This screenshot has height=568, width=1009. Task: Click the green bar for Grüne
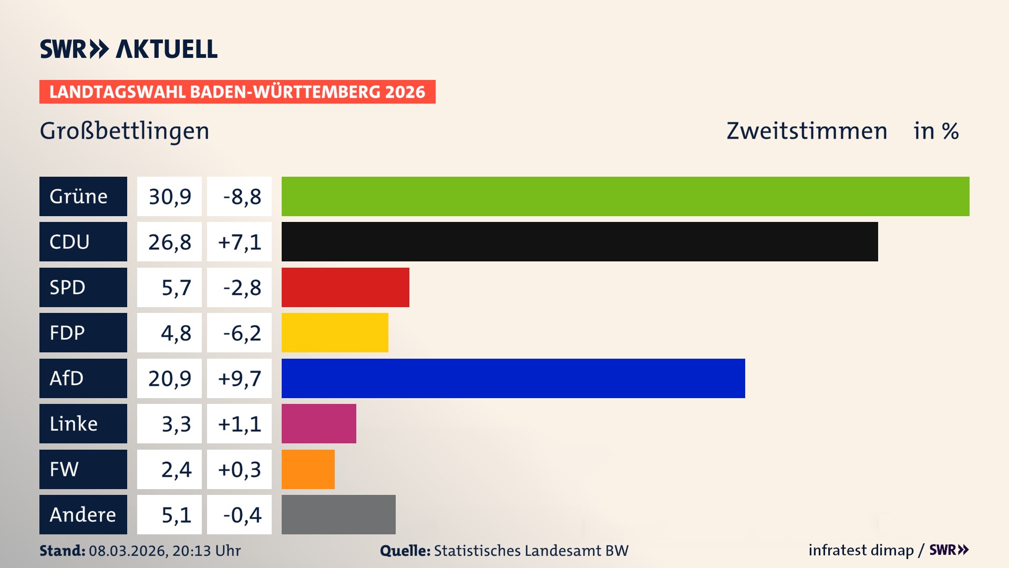(x=625, y=196)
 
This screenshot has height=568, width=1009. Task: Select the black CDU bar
(x=580, y=242)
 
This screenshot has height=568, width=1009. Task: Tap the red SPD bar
(x=345, y=287)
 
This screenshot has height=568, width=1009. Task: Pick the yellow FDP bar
(x=335, y=332)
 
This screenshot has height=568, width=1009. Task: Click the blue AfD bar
(x=513, y=378)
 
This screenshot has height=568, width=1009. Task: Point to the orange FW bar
(x=308, y=469)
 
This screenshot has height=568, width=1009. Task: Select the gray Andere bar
(x=338, y=514)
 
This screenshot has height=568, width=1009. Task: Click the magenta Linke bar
(x=318, y=423)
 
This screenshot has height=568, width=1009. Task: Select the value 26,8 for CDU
(x=169, y=242)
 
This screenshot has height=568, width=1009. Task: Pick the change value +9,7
(x=239, y=378)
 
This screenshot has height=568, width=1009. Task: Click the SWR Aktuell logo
(x=129, y=49)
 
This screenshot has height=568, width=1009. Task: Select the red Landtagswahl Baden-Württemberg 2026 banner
(x=237, y=92)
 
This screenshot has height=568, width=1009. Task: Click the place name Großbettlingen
(x=125, y=130)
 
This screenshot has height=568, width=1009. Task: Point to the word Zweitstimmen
(x=807, y=130)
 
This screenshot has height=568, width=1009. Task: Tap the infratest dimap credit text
(x=861, y=550)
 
